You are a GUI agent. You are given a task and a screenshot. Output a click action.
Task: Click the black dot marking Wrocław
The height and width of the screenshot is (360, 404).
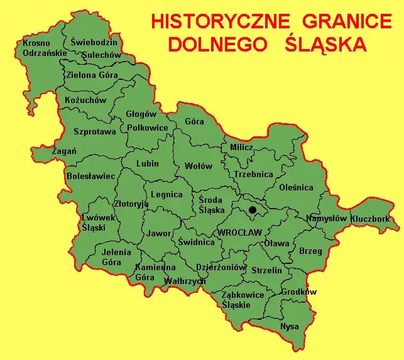point(253,210)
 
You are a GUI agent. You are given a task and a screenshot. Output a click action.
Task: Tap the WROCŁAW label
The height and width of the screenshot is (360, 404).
point(239,232)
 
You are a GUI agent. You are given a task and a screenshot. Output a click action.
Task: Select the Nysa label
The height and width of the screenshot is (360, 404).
point(290,327)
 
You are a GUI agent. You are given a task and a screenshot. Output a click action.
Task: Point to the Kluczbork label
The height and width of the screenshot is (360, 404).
point(370,219)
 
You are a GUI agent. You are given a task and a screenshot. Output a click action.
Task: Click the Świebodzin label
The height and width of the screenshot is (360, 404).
point(94,42)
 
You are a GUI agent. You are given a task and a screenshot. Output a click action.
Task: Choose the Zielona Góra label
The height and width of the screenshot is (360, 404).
point(92,75)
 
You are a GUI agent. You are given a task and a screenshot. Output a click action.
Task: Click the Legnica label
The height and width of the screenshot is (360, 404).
point(167,195)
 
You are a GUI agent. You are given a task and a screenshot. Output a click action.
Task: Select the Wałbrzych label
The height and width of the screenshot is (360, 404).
point(184,281)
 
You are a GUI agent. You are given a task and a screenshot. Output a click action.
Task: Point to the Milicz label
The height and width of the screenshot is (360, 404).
point(241,148)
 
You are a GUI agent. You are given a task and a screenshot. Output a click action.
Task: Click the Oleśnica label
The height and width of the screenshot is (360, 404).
point(297,187)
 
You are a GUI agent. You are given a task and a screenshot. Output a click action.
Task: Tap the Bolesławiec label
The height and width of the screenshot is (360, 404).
point(91,176)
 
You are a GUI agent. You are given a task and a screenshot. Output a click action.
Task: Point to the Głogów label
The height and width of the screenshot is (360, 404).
point(141,114)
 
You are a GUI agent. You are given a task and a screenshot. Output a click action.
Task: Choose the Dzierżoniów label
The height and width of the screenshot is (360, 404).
point(221,266)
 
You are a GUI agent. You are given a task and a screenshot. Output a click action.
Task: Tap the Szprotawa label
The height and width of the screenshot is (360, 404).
point(95,132)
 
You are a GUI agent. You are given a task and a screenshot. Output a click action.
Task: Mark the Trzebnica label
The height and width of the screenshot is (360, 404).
point(253,175)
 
